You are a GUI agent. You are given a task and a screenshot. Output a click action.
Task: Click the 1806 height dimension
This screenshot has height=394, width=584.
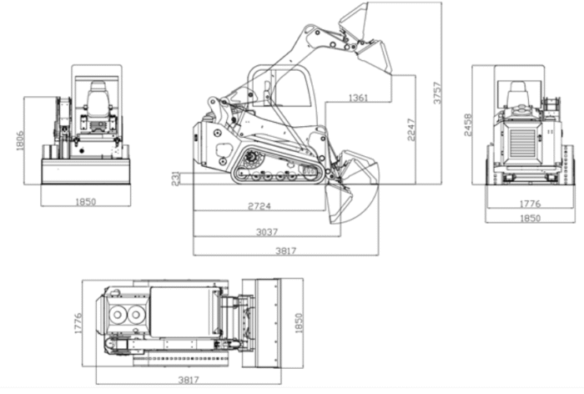pos(20,140)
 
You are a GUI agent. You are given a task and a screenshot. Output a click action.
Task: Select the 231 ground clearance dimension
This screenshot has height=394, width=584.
pos(175,178)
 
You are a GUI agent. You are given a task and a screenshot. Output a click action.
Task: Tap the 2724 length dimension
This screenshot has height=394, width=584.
pos(259,206)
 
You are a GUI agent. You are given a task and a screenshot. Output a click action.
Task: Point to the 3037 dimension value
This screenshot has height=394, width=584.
pos(267,232)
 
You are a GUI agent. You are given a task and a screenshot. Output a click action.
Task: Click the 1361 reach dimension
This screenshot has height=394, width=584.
pos(358,98)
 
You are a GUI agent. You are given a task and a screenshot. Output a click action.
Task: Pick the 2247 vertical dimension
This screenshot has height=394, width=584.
pos(411,130)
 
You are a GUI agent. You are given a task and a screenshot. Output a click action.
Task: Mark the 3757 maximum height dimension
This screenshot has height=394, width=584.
pos(437,93)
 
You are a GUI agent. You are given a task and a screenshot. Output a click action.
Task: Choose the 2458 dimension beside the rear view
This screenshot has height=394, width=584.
pos(468,125)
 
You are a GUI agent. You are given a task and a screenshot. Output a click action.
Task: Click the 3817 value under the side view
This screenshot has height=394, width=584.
pos(286,251)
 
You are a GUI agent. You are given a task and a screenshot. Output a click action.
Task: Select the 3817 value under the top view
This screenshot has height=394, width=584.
pos(189,380)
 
